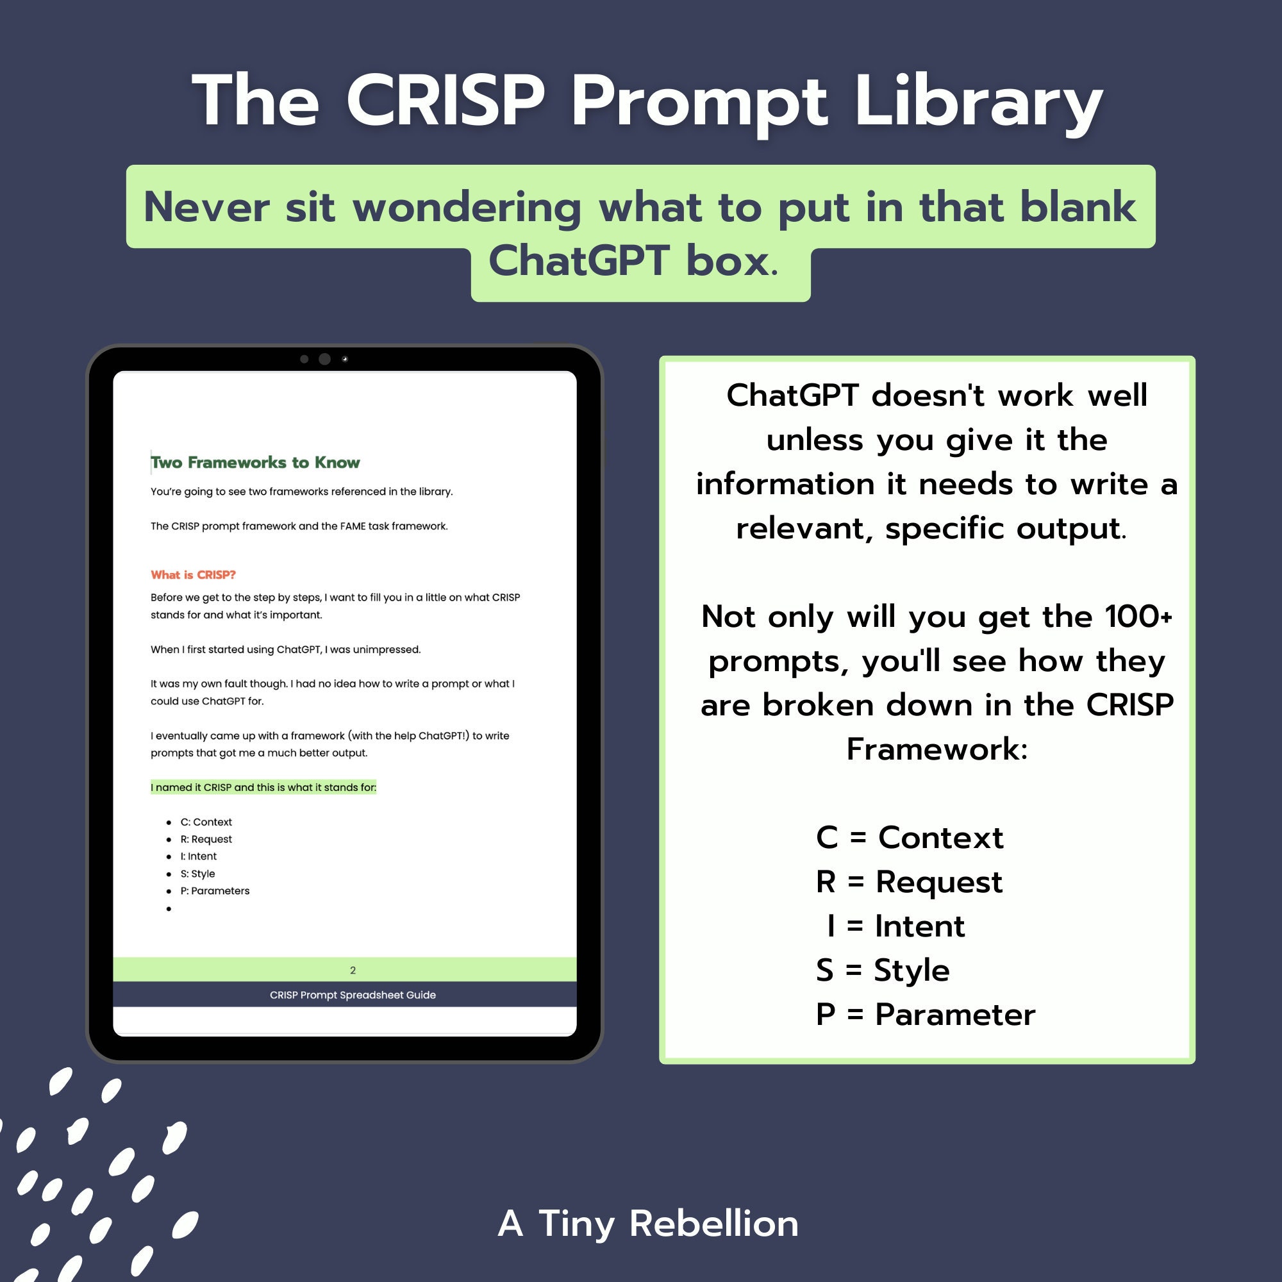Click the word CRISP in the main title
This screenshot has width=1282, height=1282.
pyautogui.click(x=445, y=101)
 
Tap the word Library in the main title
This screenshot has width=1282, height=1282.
pyautogui.click(x=978, y=103)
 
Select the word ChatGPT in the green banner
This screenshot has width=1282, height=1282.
pyautogui.click(x=579, y=261)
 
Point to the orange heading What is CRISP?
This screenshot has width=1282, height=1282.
pyautogui.click(x=193, y=574)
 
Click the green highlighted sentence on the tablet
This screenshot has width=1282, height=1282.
pyautogui.click(x=263, y=787)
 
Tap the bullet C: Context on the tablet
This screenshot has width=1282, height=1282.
pyautogui.click(x=206, y=822)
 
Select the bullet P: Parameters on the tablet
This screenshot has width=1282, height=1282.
pyautogui.click(x=214, y=890)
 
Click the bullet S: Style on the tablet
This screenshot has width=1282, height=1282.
pyautogui.click(x=197, y=874)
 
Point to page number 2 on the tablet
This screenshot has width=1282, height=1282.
pyautogui.click(x=353, y=970)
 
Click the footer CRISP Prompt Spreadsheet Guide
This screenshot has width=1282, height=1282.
pyautogui.click(x=353, y=995)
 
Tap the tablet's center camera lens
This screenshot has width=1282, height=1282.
pyautogui.click(x=324, y=359)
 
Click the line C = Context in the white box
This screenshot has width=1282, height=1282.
pyautogui.click(x=910, y=837)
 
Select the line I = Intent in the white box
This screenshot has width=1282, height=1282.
pyautogui.click(x=896, y=926)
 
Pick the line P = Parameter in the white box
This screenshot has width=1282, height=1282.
pyautogui.click(x=926, y=1015)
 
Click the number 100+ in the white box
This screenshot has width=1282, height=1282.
pyautogui.click(x=1138, y=617)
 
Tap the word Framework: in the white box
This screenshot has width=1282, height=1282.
pyautogui.click(x=937, y=749)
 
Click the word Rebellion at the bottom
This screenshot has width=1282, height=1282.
pyautogui.click(x=714, y=1223)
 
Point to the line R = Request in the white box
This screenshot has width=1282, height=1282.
pyautogui.click(x=909, y=882)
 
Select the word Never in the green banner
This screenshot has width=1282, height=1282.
pyautogui.click(x=206, y=207)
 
